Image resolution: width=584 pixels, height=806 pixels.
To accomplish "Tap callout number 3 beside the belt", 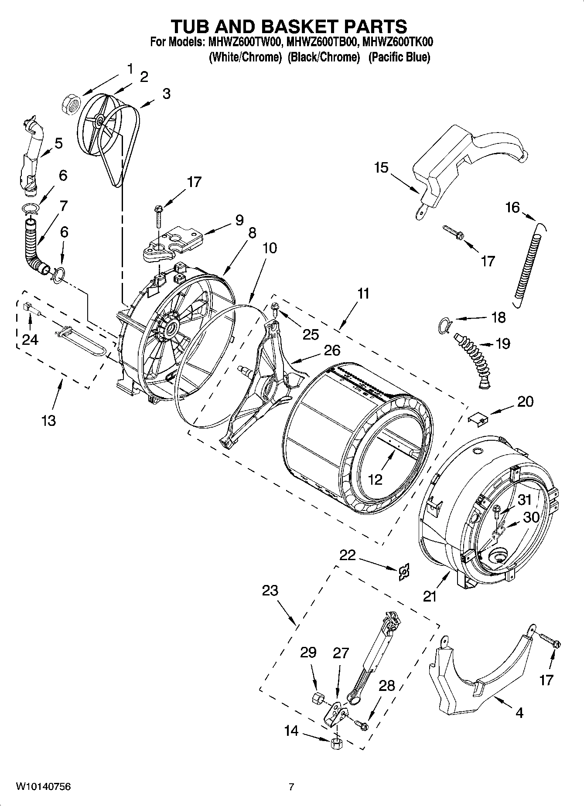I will tap(166, 94).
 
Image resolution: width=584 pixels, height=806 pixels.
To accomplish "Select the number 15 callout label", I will tap(381, 167).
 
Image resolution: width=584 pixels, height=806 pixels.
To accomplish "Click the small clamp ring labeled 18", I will tap(444, 325).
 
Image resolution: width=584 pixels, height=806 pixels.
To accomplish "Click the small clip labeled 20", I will tap(478, 420).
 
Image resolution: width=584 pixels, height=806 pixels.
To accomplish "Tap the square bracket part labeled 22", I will tap(405, 571).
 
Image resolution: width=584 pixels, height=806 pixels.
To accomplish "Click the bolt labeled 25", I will tap(275, 309).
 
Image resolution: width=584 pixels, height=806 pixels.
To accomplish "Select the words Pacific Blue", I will tap(399, 57).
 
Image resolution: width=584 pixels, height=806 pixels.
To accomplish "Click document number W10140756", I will tap(43, 787).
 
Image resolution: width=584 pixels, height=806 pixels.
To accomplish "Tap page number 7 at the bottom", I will tap(291, 787).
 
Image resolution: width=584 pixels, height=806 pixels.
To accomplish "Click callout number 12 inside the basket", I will tap(375, 480).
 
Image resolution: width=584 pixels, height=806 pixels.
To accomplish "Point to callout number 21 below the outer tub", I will tap(430, 596).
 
